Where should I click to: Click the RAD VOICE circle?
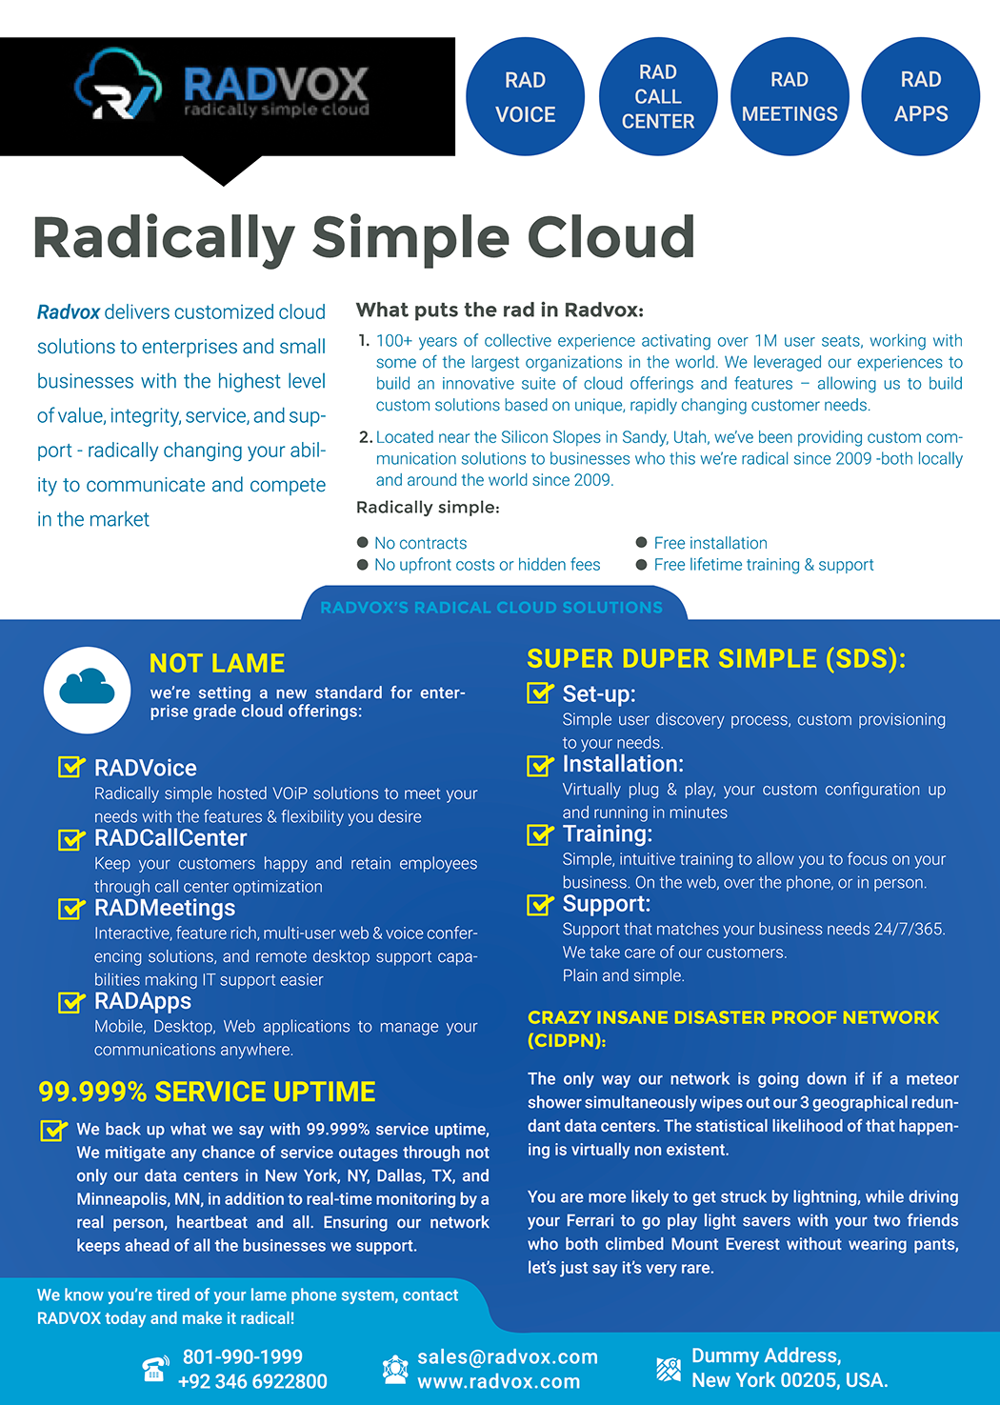click(526, 96)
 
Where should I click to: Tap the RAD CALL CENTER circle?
click(658, 96)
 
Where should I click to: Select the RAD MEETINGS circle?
click(790, 96)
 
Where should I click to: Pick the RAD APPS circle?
click(920, 96)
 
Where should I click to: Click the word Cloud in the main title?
click(610, 237)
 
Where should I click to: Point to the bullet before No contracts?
click(363, 542)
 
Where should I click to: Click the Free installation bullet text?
click(710, 543)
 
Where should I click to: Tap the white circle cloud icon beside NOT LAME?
click(88, 690)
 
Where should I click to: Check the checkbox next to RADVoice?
click(70, 767)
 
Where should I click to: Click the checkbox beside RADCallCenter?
click(70, 839)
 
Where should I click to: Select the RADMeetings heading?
click(165, 908)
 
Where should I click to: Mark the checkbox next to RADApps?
click(70, 1002)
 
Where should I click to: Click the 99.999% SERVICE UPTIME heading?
click(207, 1092)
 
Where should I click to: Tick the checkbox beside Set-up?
click(540, 692)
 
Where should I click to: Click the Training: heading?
click(607, 833)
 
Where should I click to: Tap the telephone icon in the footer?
click(155, 1369)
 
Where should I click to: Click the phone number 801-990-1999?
click(243, 1356)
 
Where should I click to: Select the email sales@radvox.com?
click(508, 1357)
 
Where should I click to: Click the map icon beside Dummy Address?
click(669, 1369)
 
